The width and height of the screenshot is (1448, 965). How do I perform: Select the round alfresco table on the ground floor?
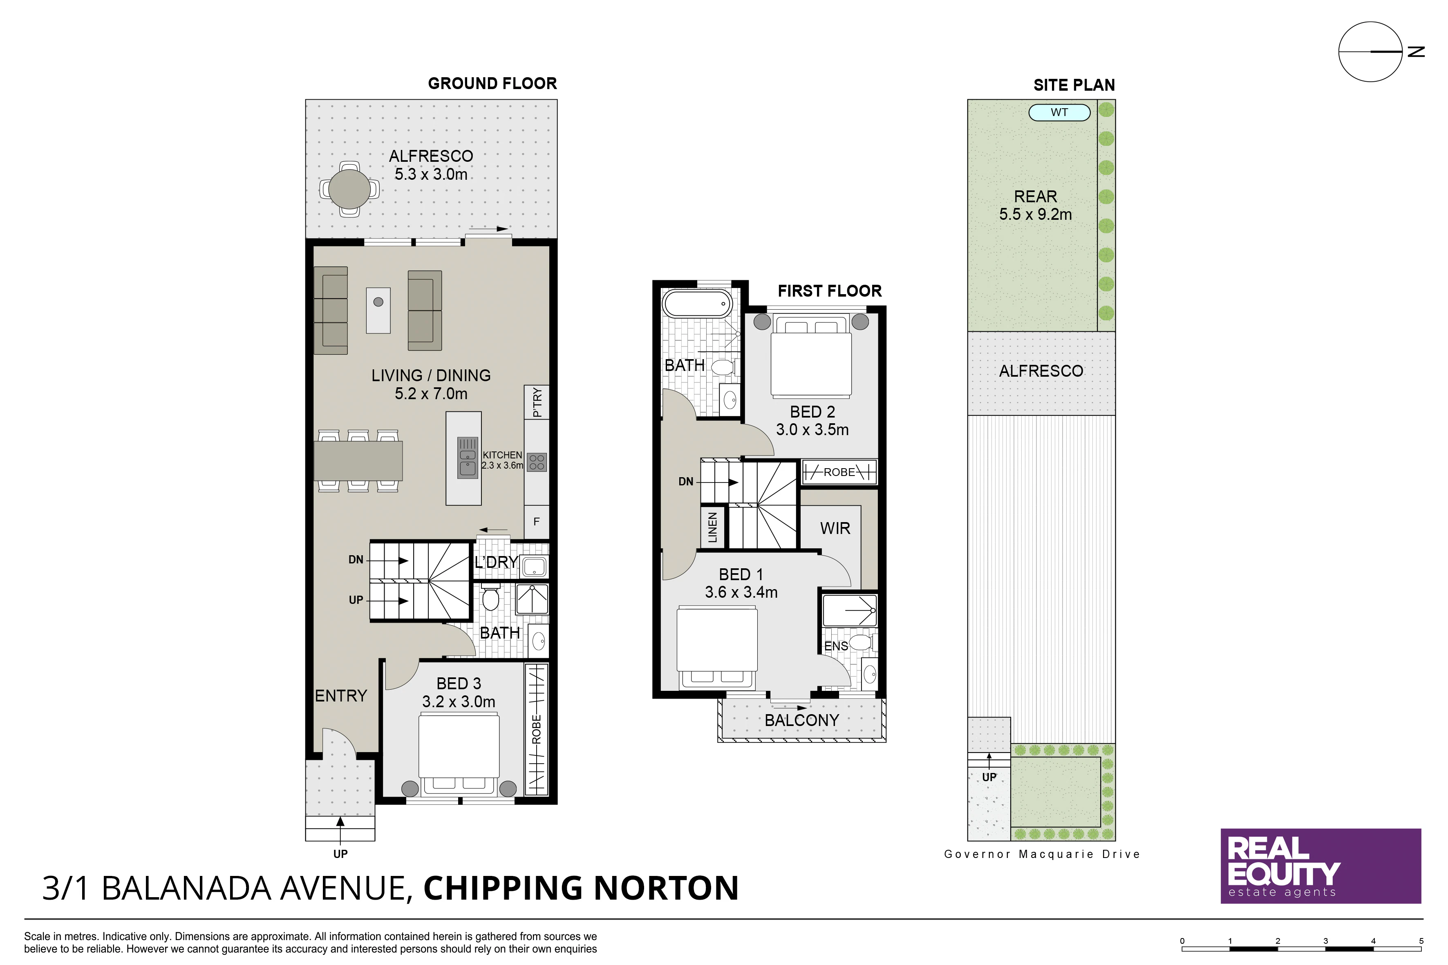pos(349,189)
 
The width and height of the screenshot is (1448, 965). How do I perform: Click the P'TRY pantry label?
pos(537,402)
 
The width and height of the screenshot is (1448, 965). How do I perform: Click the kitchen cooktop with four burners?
pos(537,462)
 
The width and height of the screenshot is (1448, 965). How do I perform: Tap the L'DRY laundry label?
pos(496,562)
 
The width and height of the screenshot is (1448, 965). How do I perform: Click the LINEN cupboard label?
pos(713,527)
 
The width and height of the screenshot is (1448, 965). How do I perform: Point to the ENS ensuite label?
pos(836,646)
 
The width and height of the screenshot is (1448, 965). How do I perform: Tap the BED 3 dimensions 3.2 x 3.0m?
pos(459,701)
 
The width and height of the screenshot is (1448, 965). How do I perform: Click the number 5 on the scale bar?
pos(1421,941)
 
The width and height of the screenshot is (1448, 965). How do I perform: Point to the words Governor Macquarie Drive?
pos(1042,854)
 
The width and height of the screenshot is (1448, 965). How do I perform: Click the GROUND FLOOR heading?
pos(492,84)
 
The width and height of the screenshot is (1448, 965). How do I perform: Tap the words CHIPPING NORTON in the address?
pos(581,888)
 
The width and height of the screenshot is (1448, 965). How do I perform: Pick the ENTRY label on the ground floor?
pos(341,696)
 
